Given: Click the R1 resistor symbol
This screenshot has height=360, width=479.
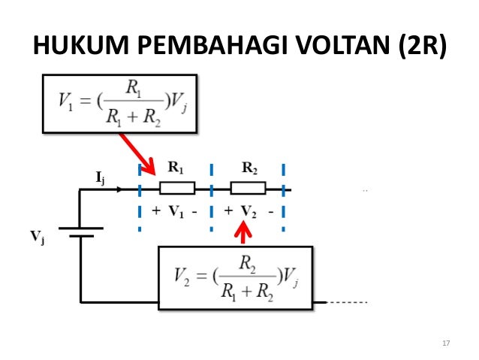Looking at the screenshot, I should point(178,189).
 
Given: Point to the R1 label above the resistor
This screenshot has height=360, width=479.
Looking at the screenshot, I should point(176,168).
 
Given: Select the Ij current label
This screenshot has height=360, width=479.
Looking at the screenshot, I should point(100,177).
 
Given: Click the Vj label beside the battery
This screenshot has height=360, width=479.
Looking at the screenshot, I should point(38,237).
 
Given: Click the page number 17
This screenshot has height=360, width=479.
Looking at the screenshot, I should point(446,343).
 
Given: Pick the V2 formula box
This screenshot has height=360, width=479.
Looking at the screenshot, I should point(235,277).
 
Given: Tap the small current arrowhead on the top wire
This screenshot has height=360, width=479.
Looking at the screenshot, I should point(119,189).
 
